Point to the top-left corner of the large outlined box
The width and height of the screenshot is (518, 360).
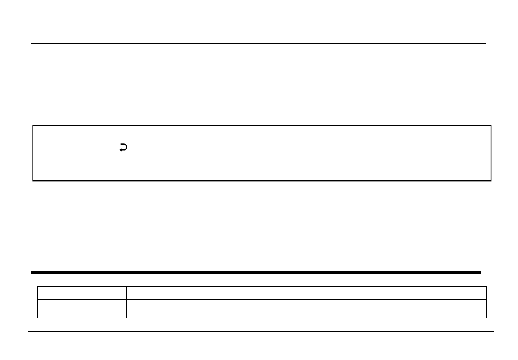[33, 126]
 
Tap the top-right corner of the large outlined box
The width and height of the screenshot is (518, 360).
[491, 126]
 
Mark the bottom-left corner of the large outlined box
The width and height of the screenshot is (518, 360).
[33, 180]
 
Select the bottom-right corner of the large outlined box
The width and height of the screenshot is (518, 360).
[491, 180]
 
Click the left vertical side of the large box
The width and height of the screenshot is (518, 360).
[33, 153]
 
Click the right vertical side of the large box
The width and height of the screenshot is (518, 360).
[491, 153]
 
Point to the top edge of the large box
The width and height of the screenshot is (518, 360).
[261, 126]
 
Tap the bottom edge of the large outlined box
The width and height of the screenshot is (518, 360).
[261, 180]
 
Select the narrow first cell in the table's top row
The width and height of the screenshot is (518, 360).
[45, 293]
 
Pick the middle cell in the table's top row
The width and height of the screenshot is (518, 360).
[89, 293]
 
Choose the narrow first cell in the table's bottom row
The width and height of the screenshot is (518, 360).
[45, 308]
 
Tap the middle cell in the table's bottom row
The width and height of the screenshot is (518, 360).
[89, 308]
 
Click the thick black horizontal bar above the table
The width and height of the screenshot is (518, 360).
[256, 272]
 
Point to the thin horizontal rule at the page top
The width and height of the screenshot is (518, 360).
[259, 43]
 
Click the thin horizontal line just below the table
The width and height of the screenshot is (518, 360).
[261, 332]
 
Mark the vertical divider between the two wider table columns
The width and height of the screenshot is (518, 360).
[126, 302]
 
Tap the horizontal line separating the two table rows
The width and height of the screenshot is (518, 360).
[261, 299]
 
